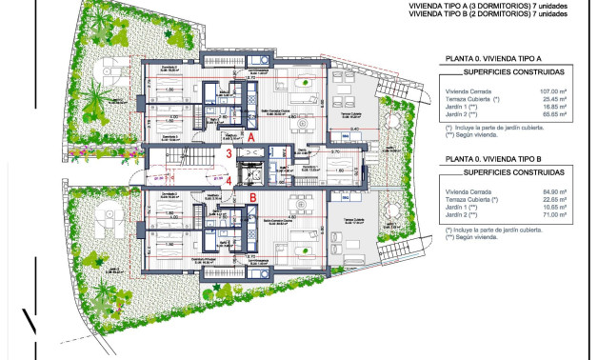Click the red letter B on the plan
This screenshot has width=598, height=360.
(x=253, y=197)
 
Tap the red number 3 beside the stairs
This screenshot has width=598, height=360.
(x=229, y=154)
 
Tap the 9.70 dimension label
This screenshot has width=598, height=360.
(x=335, y=152)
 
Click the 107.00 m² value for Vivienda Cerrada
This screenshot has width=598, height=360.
(x=553, y=91)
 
